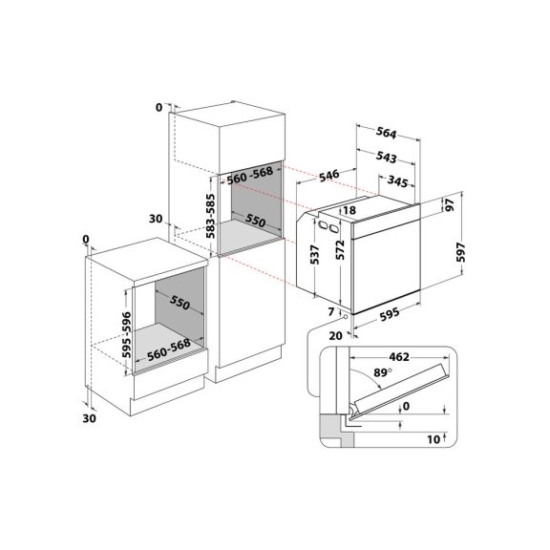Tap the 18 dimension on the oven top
[x=349, y=210]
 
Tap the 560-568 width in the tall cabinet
[x=250, y=178]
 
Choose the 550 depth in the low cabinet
[x=182, y=304]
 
